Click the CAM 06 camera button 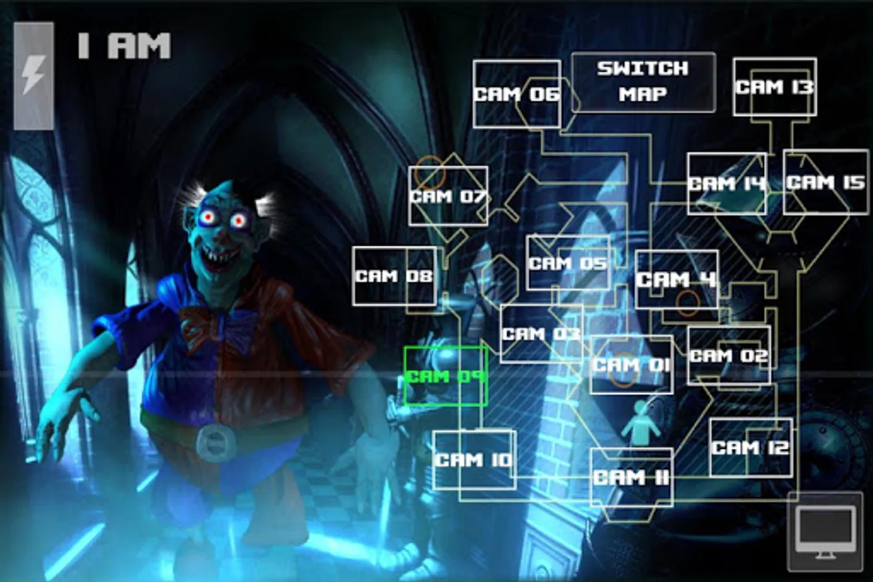[x=516, y=94]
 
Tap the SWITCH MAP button [x=643, y=81]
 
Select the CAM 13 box [x=774, y=87]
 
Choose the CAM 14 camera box [x=726, y=184]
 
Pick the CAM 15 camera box [x=825, y=182]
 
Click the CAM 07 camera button [x=448, y=196]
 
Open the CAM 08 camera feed [x=394, y=276]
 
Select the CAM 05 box [x=567, y=263]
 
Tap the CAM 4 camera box [x=676, y=279]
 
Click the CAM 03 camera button [x=541, y=334]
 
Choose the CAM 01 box [x=631, y=365]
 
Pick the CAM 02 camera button [x=728, y=356]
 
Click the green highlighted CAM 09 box [x=445, y=376]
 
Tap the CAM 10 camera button [x=474, y=460]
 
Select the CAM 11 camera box [x=631, y=477]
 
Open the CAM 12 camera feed [x=750, y=447]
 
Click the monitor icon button [x=825, y=532]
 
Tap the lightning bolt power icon [x=34, y=75]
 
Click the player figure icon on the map [x=640, y=424]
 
